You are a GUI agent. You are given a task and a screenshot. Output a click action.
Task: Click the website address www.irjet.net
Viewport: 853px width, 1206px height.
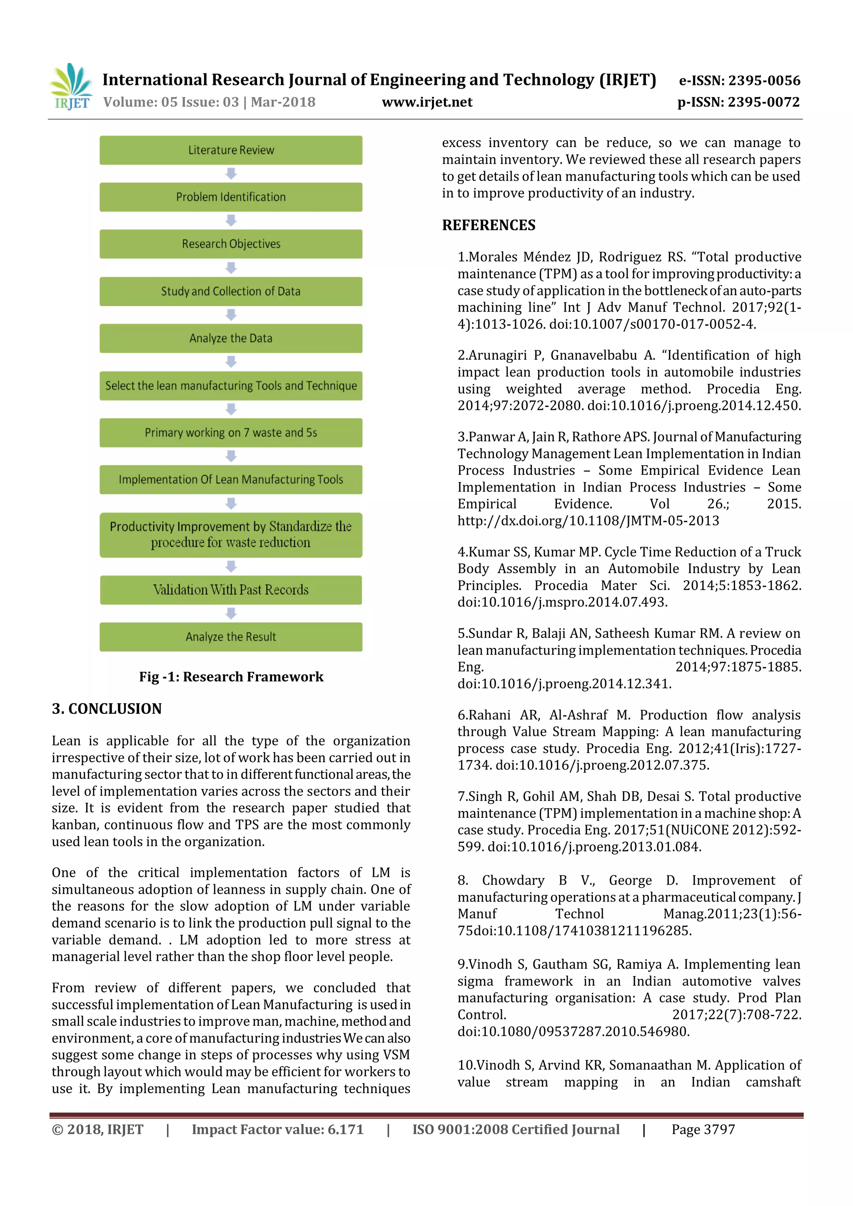point(426,102)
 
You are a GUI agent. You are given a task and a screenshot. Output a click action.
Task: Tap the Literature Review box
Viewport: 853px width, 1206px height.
point(231,150)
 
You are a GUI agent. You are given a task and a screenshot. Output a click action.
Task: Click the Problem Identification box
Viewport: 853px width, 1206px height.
point(231,197)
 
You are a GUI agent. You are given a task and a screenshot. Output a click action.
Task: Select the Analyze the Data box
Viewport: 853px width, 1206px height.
point(231,338)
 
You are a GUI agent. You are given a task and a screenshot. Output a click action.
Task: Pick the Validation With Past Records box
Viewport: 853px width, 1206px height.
point(231,590)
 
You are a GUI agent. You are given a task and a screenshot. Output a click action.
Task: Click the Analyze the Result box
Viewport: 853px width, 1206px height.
point(231,637)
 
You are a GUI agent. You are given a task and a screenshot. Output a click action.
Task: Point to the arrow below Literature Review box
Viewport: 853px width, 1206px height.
point(231,173)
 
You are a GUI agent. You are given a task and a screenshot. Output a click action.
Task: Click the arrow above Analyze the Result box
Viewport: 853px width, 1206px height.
point(231,613)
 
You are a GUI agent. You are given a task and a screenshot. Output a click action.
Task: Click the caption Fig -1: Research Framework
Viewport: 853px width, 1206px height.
point(231,677)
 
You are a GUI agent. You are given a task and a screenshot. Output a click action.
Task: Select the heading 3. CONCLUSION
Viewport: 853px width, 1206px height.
point(107,709)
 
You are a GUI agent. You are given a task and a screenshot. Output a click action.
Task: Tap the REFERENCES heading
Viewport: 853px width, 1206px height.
point(489,225)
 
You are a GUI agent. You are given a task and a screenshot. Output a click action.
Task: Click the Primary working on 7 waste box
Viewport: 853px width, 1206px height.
point(231,433)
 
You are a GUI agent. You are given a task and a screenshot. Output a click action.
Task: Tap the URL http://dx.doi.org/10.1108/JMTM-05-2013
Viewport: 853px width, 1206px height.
point(588,521)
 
